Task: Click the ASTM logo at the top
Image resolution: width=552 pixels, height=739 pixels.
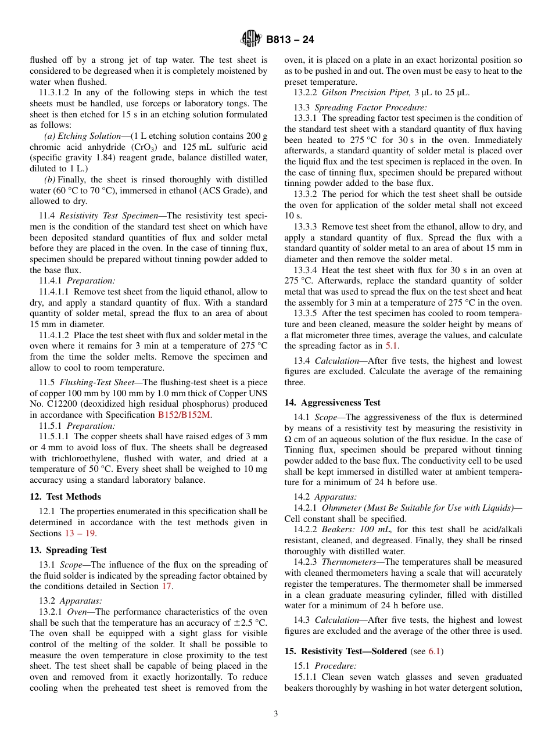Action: [251, 40]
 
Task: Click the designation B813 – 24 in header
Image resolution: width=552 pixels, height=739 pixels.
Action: [290, 40]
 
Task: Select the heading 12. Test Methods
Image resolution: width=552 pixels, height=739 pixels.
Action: [65, 497]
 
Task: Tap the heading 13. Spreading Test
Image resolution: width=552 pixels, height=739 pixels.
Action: [68, 550]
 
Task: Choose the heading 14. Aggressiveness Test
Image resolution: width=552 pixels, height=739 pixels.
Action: [332, 402]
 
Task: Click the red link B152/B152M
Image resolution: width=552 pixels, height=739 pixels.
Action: [185, 415]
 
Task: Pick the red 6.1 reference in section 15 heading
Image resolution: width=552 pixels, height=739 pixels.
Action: [434, 651]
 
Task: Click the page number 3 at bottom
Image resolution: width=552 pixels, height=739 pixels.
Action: [276, 713]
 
